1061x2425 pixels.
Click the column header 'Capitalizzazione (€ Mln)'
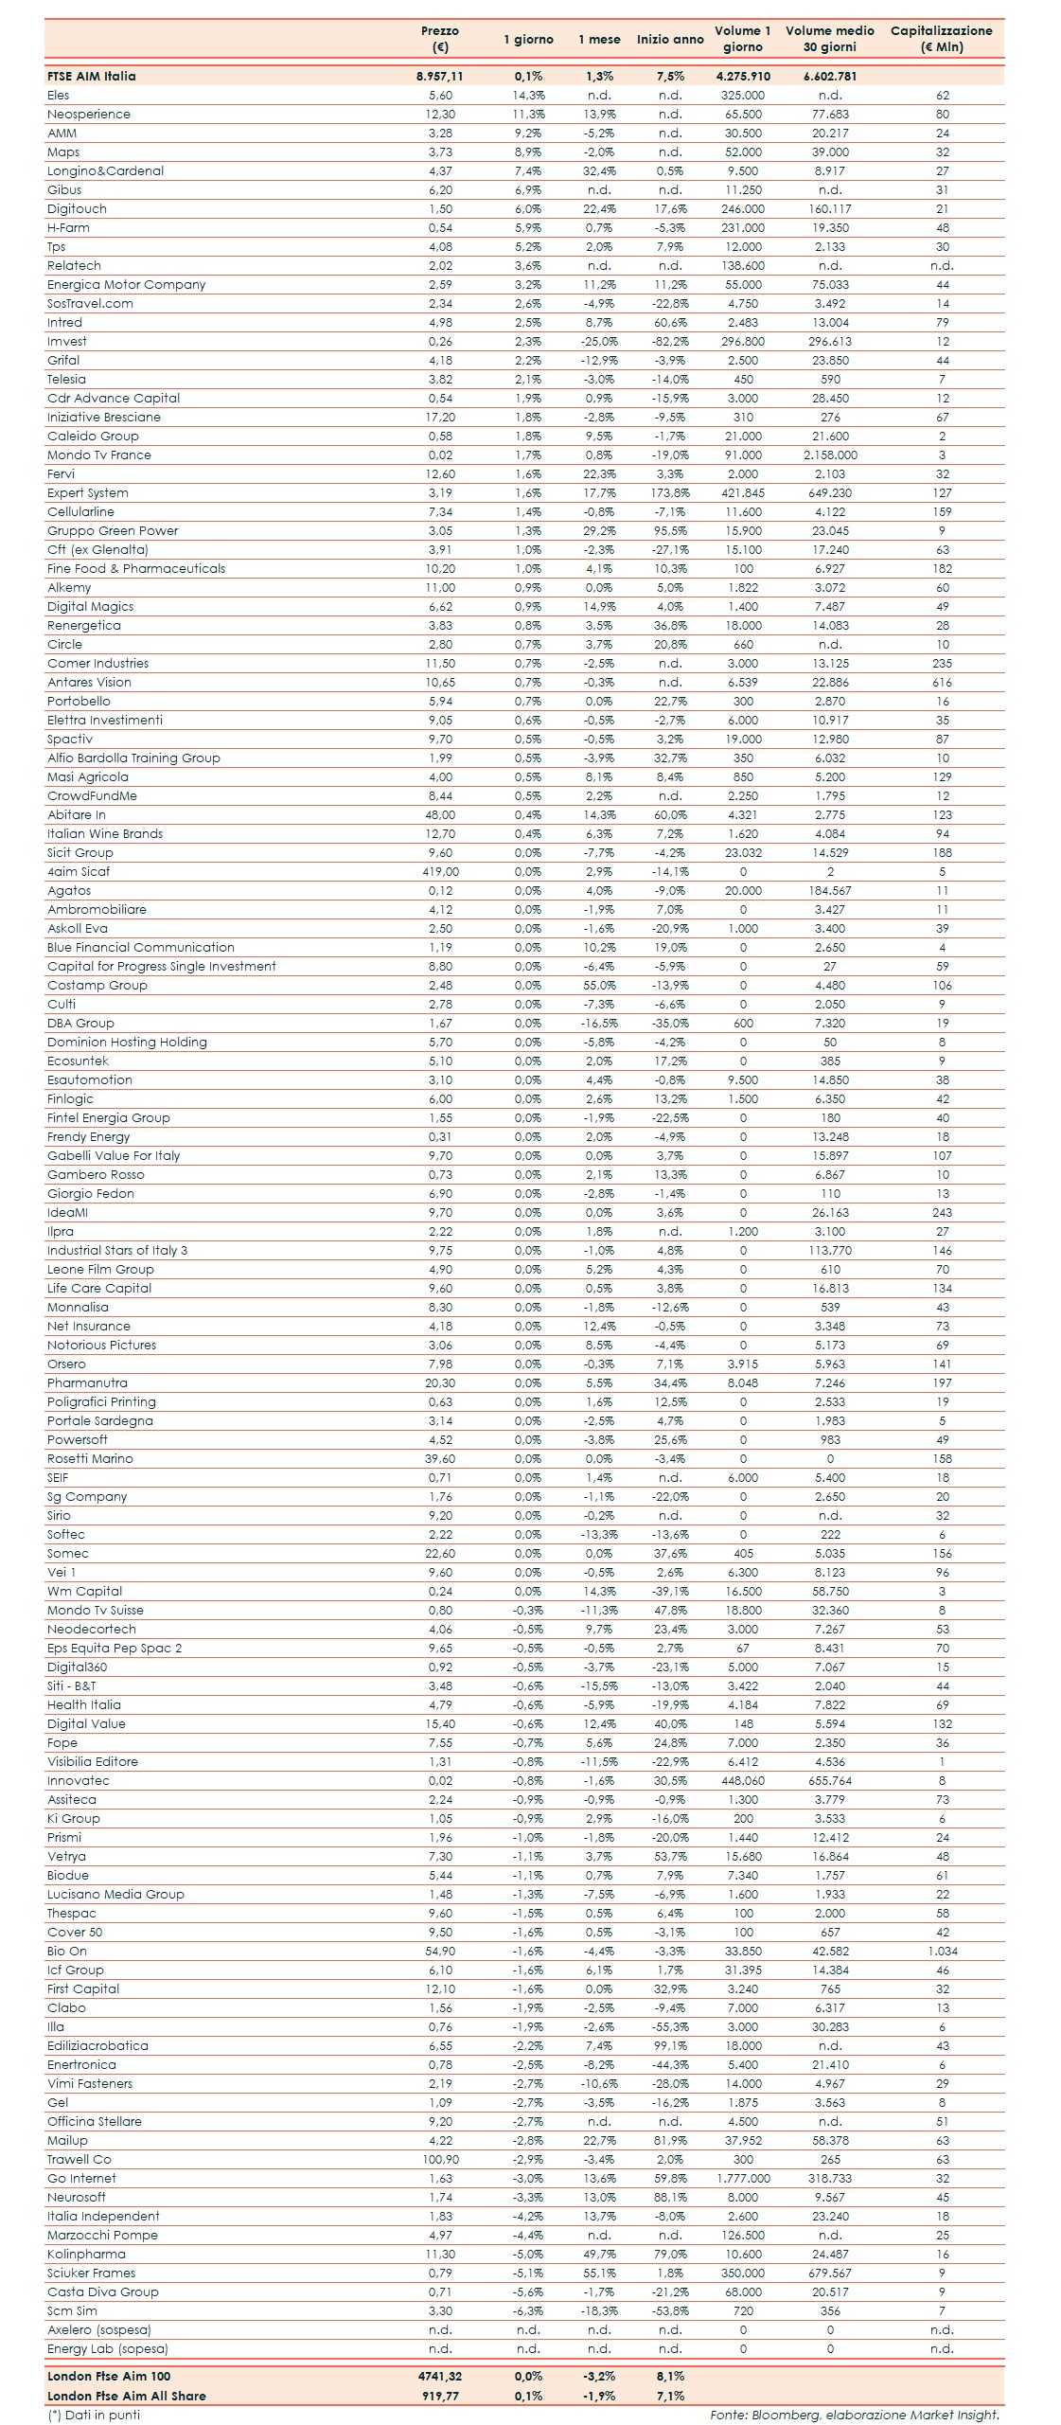coord(941,39)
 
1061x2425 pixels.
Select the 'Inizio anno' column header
coord(670,40)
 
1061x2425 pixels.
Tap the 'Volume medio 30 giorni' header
coord(829,39)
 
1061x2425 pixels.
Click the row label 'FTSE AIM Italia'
coord(92,77)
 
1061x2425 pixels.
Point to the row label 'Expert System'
coord(88,493)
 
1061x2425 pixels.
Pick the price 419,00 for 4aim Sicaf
coord(440,872)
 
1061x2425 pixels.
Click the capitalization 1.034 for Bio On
coord(942,1952)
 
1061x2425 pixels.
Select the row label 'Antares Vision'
coord(90,683)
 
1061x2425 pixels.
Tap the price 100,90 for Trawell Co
coord(440,2160)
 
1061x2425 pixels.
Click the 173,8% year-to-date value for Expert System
coord(670,493)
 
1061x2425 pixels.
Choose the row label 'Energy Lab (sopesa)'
coord(108,2349)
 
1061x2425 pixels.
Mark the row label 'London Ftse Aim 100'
coord(109,2376)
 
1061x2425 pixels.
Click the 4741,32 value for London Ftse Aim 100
coord(440,2376)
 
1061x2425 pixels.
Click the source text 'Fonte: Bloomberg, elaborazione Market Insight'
coord(854,2415)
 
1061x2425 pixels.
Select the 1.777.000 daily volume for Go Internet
coord(743,2179)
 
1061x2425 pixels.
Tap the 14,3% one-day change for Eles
coord(528,96)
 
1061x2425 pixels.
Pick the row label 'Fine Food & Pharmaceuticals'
coord(136,569)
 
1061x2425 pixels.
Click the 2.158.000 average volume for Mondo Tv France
coord(830,455)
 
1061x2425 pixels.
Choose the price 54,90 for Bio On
coord(440,1952)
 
